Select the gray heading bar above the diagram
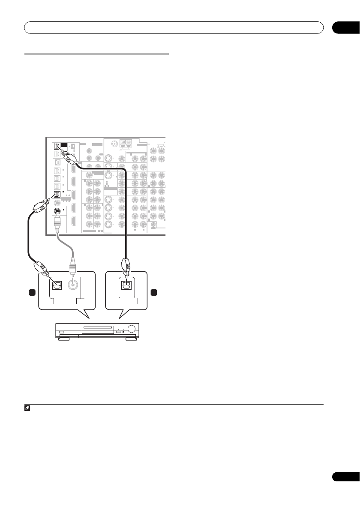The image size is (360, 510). point(96,54)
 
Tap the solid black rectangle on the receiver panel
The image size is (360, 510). point(64,146)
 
